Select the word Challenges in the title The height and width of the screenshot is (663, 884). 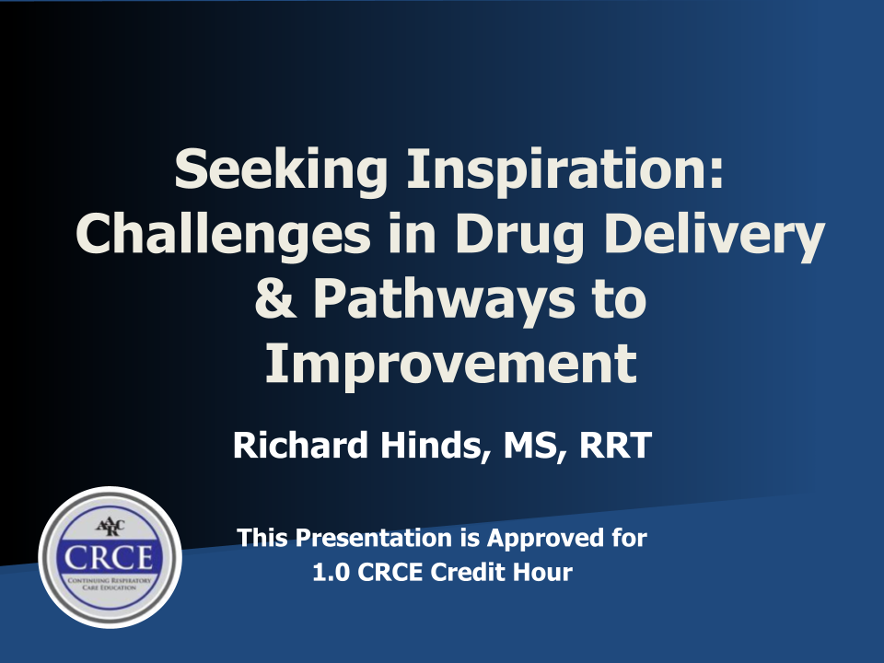click(x=223, y=235)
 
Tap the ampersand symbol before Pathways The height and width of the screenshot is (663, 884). click(x=275, y=298)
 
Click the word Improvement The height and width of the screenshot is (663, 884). click(x=451, y=363)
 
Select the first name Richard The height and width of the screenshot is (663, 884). click(x=300, y=445)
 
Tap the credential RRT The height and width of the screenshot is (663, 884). click(x=616, y=446)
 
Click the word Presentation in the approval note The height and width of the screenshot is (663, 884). click(x=374, y=538)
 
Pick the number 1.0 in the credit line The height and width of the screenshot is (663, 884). click(x=331, y=572)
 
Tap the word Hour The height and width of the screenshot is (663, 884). click(x=546, y=572)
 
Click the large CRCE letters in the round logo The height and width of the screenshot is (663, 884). click(x=109, y=557)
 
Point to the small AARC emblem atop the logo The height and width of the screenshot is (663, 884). click(x=110, y=527)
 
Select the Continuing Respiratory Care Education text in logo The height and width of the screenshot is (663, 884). click(x=110, y=584)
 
